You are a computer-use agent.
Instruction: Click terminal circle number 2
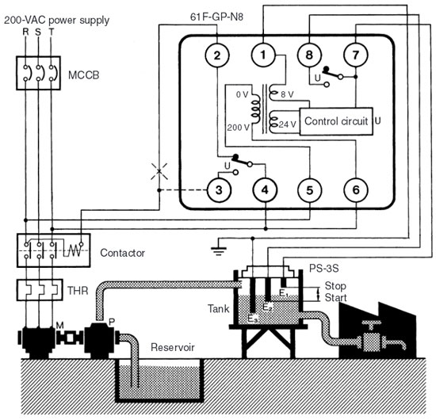click(217, 55)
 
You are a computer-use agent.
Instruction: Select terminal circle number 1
click(263, 55)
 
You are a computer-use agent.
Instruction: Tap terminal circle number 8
click(309, 55)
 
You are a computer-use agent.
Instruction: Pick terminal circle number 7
click(356, 55)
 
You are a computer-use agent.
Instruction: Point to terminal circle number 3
click(219, 190)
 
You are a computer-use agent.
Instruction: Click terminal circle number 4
click(265, 190)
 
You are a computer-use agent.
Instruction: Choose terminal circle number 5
click(310, 190)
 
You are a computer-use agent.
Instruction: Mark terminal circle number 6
click(356, 190)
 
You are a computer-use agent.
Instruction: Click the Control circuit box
click(336, 121)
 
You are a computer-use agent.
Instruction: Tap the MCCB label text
click(84, 75)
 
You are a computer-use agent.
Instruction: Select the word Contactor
click(122, 253)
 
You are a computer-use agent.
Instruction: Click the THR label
click(78, 291)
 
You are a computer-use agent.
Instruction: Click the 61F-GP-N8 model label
click(216, 17)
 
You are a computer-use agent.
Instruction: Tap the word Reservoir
click(173, 347)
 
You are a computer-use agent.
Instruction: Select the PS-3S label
click(324, 268)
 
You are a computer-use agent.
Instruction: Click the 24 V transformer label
click(288, 124)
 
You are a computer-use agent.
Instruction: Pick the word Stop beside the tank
click(335, 286)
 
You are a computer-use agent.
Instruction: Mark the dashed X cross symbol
click(159, 171)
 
